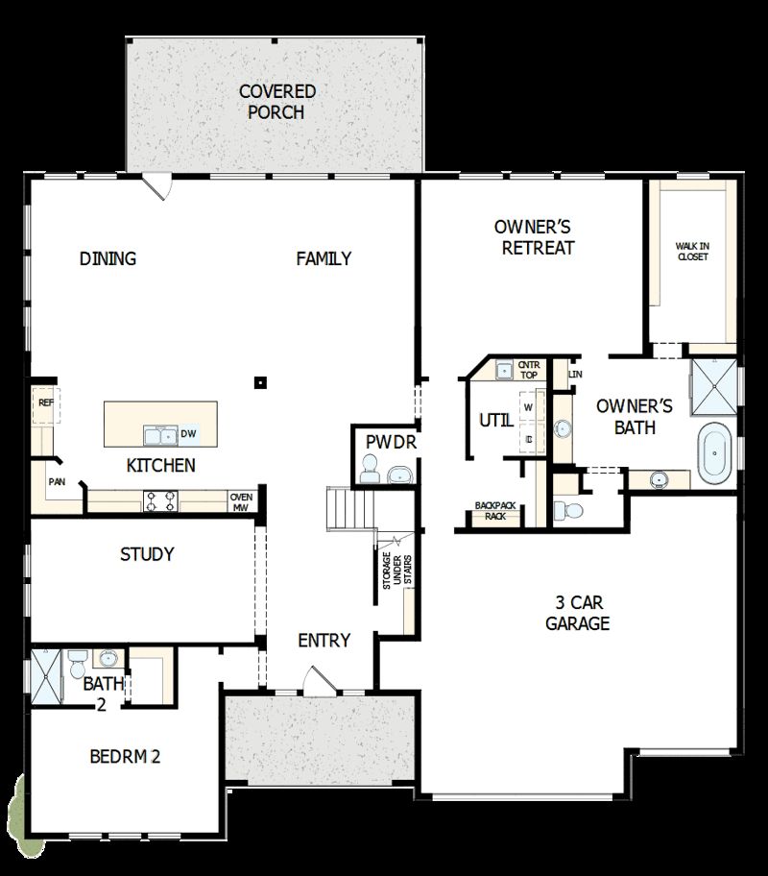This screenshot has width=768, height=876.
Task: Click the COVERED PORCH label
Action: pos(276,102)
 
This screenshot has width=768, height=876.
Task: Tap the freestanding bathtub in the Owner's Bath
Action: pos(714,454)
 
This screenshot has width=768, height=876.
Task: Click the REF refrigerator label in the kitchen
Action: pos(45,403)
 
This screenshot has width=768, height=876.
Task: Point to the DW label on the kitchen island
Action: pos(188,434)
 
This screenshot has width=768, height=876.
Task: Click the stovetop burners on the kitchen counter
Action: pos(159,500)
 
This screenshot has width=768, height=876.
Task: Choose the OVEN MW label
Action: pos(240,502)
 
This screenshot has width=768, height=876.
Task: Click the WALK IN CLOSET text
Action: pos(692,251)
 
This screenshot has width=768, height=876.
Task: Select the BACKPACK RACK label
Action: pos(496,510)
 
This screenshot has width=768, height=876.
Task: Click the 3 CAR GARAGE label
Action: pos(578,613)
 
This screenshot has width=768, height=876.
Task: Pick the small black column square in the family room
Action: pos(259,382)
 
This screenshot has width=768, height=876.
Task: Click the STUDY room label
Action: pos(147,554)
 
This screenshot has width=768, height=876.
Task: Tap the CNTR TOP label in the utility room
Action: pos(529,370)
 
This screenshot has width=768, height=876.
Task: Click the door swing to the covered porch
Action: pos(156,186)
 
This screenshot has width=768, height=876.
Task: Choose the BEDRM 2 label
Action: pos(125,756)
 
